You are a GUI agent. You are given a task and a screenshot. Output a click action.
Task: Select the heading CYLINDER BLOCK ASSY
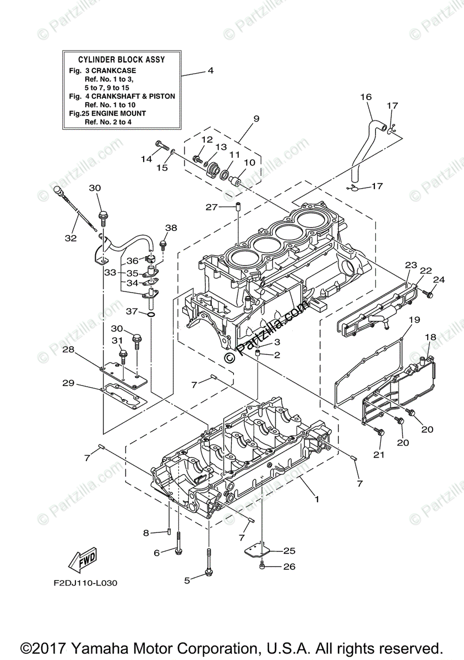tap(122, 59)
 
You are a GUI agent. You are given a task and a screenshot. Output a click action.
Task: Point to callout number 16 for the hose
tap(366, 97)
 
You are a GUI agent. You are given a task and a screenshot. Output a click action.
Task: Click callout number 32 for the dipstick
tap(70, 238)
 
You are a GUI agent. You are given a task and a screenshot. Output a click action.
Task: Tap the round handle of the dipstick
tap(59, 191)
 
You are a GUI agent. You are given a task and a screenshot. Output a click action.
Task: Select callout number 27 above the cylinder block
tap(212, 207)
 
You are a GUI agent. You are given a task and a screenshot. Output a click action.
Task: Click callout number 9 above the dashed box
tap(256, 119)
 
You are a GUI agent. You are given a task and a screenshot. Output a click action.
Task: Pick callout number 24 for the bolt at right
tap(438, 279)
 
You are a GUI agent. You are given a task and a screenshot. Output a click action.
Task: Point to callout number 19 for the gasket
tap(414, 320)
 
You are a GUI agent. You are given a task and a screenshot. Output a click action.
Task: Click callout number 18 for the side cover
tap(430, 337)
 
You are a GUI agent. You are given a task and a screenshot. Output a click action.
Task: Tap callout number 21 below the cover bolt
tap(379, 455)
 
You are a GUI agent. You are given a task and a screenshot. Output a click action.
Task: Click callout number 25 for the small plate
tap(290, 550)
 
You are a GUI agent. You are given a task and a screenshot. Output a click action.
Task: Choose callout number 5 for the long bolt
tap(187, 580)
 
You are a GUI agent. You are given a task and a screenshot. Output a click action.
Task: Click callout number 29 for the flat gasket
tap(68, 383)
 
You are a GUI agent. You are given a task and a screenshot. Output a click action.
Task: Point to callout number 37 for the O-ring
tap(131, 311)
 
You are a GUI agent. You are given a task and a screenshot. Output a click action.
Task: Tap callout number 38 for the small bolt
tap(171, 228)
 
